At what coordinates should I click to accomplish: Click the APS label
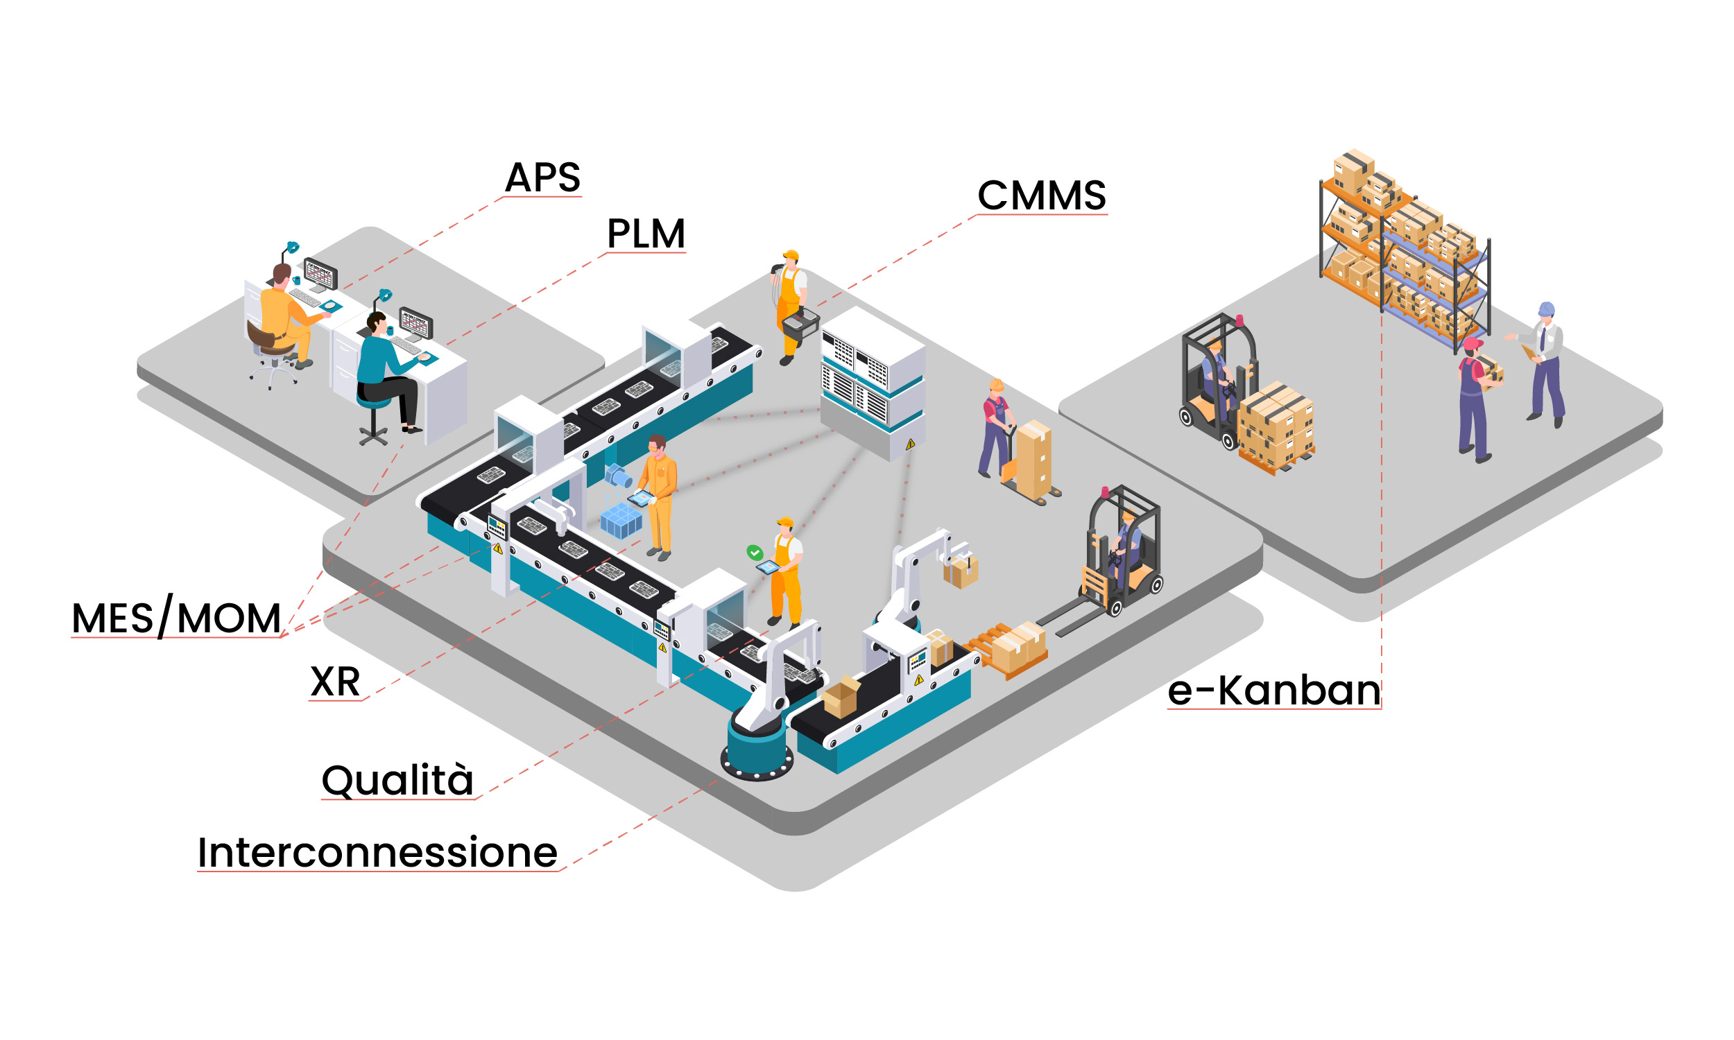(x=542, y=177)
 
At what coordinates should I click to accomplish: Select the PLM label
(x=646, y=234)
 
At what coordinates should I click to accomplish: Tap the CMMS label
(x=1042, y=196)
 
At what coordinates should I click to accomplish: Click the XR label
(x=335, y=681)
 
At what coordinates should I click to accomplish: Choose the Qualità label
(x=397, y=780)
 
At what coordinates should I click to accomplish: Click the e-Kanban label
(x=1273, y=691)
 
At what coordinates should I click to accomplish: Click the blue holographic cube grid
(x=621, y=520)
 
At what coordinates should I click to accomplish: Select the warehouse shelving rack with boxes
(x=1402, y=252)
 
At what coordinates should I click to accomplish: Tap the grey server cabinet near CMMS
(x=873, y=382)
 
